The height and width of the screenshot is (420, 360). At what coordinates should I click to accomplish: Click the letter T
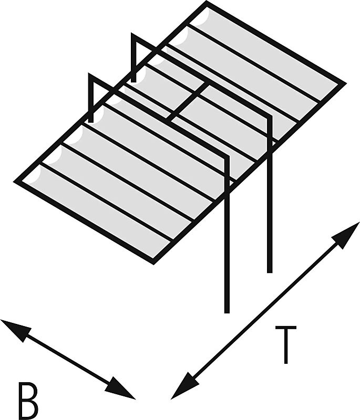[x=285, y=345]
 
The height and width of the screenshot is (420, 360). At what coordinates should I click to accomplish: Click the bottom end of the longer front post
[x=227, y=310]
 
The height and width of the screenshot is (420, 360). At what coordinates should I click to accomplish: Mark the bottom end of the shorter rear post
[x=270, y=270]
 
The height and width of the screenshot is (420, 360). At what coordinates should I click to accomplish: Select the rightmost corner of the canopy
[x=343, y=83]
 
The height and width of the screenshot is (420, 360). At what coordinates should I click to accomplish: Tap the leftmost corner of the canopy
[x=16, y=181]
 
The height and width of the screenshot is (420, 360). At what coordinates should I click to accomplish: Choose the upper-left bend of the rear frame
[x=133, y=37]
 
